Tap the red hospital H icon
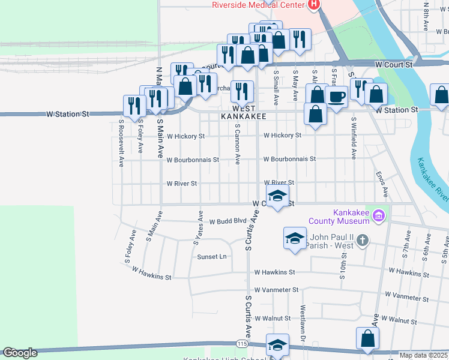pos(313,5)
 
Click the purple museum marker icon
pos(379,215)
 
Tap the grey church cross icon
pos(361,241)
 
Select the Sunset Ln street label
pos(212,256)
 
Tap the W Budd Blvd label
pos(228,221)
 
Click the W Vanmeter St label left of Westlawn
pos(276,290)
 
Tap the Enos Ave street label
pos(382,184)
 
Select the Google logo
pos(20,353)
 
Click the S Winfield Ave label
pos(354,138)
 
